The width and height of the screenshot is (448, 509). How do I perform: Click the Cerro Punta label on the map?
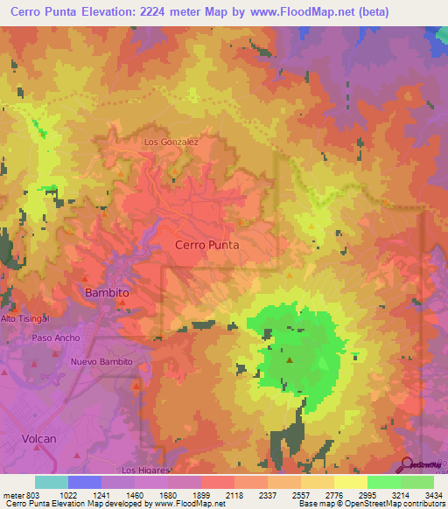(x=207, y=246)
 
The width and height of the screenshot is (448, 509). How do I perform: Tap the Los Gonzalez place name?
(x=171, y=141)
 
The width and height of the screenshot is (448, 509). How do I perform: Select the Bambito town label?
(x=107, y=293)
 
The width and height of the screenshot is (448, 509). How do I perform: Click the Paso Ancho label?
(x=56, y=338)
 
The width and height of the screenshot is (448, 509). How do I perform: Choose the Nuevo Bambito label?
(x=101, y=361)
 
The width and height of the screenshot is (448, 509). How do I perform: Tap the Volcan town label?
(x=38, y=438)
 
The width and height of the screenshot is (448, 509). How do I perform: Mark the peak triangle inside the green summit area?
(x=289, y=358)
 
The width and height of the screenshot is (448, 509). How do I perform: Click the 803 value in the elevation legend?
(x=26, y=495)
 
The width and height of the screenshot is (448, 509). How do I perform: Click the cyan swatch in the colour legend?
(x=52, y=482)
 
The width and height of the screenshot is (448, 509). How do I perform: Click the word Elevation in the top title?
(x=114, y=11)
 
